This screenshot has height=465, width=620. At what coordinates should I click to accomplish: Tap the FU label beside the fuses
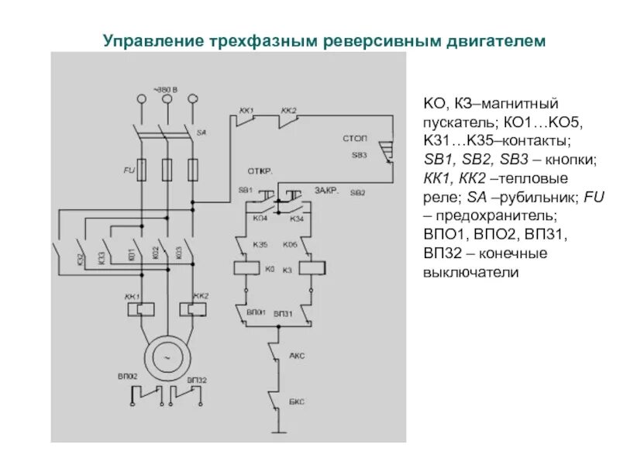[129, 168]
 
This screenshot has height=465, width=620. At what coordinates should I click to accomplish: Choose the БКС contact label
[297, 402]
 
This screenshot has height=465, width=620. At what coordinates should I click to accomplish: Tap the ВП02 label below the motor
[129, 377]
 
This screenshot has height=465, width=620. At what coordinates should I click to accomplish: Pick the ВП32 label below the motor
[196, 380]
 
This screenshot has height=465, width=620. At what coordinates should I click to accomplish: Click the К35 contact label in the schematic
[260, 245]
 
